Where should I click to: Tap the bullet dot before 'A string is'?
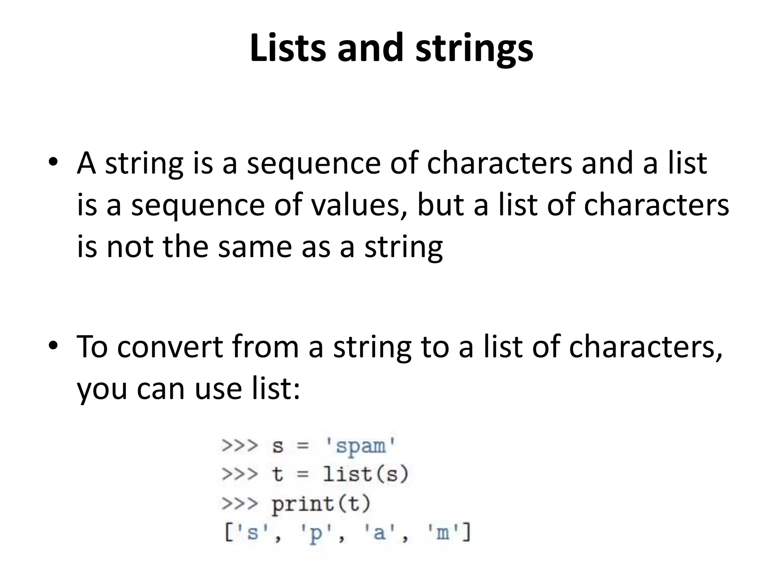point(53,162)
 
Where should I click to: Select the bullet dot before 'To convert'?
point(53,345)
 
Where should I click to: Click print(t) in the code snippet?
point(321,504)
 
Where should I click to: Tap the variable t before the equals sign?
point(277,475)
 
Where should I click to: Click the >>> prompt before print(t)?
point(240,504)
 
